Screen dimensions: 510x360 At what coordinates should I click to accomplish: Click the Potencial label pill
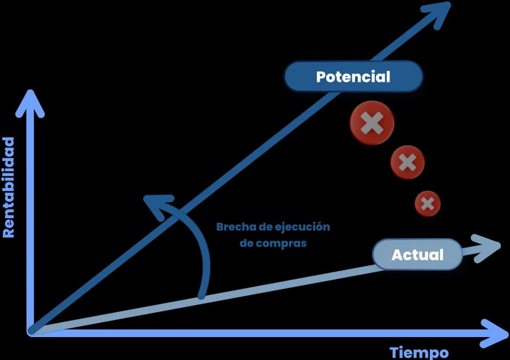(353, 76)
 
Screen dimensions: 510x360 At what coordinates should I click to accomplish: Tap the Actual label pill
(417, 254)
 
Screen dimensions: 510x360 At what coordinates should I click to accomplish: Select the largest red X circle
(372, 123)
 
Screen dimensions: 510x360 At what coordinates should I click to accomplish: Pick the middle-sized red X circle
(407, 163)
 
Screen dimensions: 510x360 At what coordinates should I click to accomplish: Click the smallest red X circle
(428, 203)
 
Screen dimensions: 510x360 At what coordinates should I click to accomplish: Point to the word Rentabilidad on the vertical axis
(9, 188)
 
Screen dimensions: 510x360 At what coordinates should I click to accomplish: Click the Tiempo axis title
(419, 353)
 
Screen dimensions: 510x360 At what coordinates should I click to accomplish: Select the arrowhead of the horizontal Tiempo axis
(494, 333)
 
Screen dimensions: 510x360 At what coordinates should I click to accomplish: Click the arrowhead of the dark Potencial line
(437, 14)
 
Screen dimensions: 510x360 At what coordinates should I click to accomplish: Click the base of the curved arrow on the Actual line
(202, 296)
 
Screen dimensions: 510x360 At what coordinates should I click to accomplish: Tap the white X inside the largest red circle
(372, 123)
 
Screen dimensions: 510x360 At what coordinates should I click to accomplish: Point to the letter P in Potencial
(321, 77)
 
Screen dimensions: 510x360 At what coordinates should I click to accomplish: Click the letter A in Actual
(398, 255)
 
